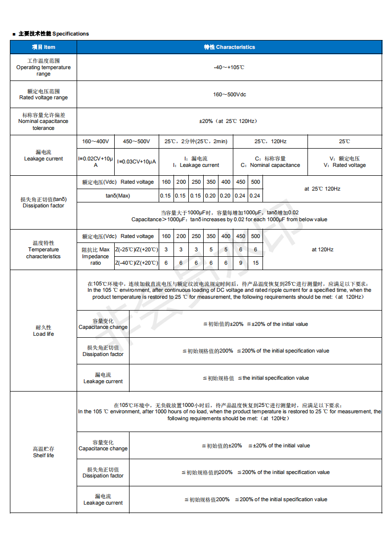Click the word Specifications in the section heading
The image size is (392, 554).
pyautogui.click(x=71, y=34)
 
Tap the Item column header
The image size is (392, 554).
pyautogui.click(x=44, y=47)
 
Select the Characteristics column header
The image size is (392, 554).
pyautogui.click(x=229, y=47)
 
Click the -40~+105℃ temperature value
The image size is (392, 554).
pyautogui.click(x=229, y=67)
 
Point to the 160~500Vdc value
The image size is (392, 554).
pyautogui.click(x=229, y=94)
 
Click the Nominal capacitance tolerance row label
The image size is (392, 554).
pyautogui.click(x=44, y=121)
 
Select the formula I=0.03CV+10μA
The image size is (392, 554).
pyautogui.click(x=137, y=161)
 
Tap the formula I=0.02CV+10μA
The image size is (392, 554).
pyautogui.click(x=96, y=161)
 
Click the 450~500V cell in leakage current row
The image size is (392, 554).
pyautogui.click(x=137, y=141)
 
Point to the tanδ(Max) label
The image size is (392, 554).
pyautogui.click(x=118, y=196)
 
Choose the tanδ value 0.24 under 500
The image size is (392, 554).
pyautogui.click(x=255, y=196)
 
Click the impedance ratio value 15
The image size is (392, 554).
pyautogui.click(x=255, y=263)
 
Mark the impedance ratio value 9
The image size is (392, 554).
pyautogui.click(x=240, y=263)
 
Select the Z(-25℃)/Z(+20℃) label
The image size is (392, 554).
pyautogui.click(x=137, y=250)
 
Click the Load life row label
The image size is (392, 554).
pyautogui.click(x=44, y=331)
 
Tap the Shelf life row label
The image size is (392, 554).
pyautogui.click(x=44, y=452)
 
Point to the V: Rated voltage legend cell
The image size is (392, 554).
pyautogui.click(x=345, y=162)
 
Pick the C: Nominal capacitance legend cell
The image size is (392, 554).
pyautogui.click(x=270, y=162)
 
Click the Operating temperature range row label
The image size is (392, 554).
pyautogui.click(x=44, y=68)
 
